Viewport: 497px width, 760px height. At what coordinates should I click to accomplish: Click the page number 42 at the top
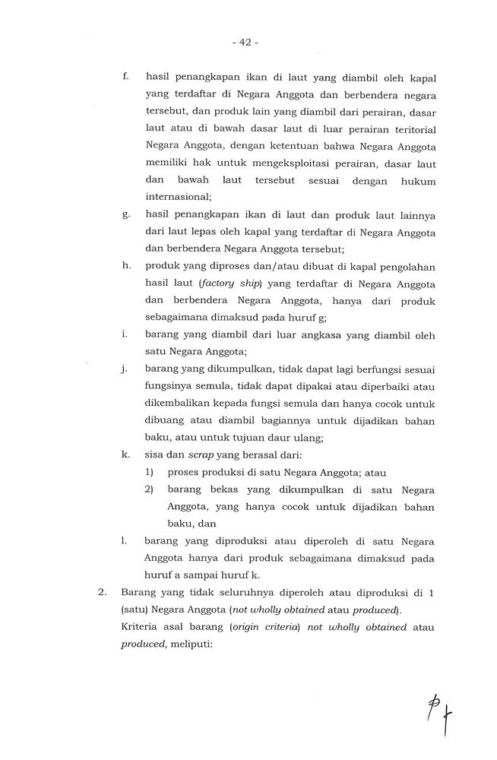point(248,43)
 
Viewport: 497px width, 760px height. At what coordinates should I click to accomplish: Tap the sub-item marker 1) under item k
point(150,472)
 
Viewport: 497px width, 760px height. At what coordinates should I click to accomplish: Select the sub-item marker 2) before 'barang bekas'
point(150,489)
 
